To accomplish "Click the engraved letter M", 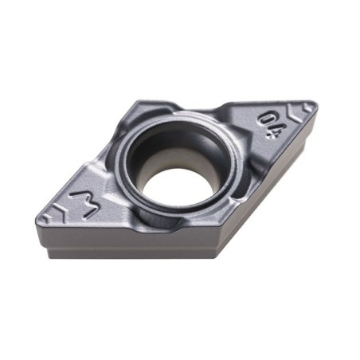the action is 84,203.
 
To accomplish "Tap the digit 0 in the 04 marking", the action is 267,119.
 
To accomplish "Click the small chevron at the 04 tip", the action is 307,108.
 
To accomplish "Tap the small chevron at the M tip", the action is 47,218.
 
